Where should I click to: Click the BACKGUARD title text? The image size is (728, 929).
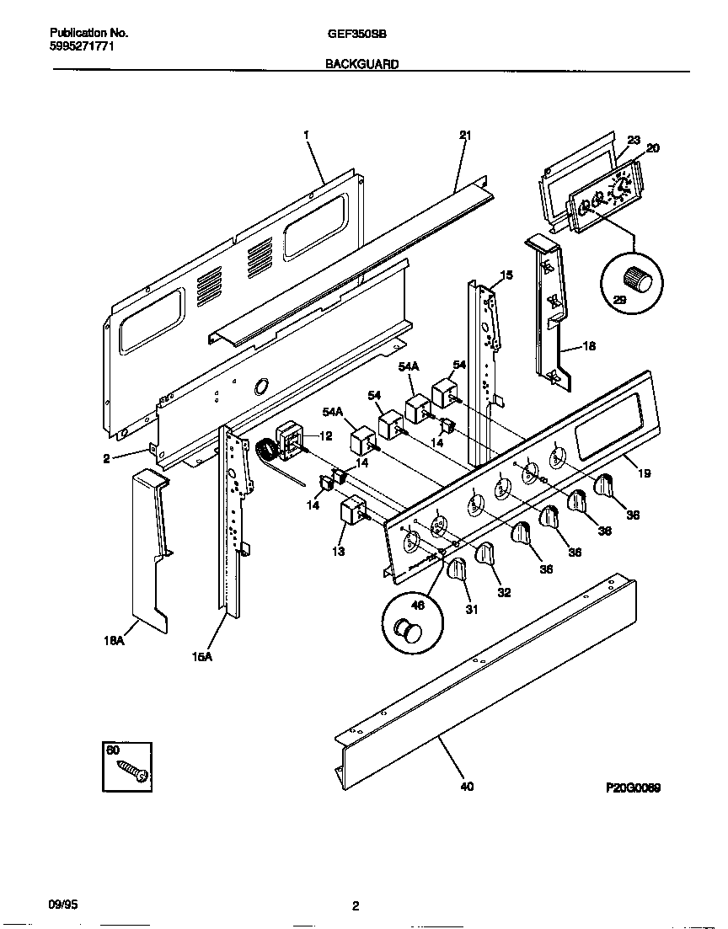[x=362, y=64]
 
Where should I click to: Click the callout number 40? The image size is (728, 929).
[x=467, y=787]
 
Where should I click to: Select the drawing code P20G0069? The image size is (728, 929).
[x=633, y=788]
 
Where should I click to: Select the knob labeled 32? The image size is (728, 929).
[x=484, y=553]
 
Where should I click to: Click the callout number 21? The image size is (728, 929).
[x=464, y=135]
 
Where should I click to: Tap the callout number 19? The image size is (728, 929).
[x=644, y=474]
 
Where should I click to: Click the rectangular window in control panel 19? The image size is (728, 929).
[x=605, y=427]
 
